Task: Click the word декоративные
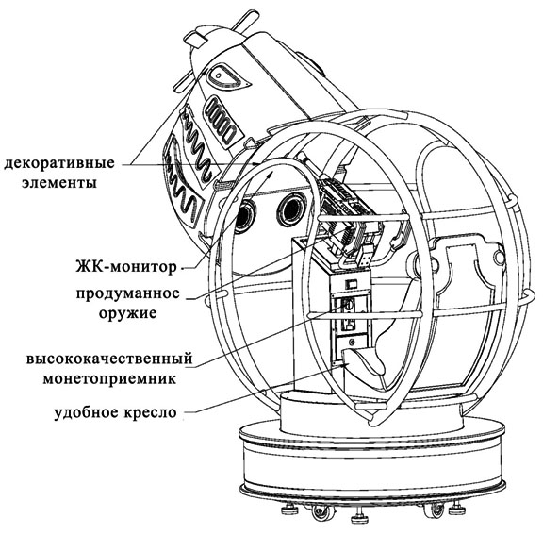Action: tap(58, 163)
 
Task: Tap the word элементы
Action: tap(59, 183)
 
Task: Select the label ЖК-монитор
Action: tap(126, 267)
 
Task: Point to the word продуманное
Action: tap(128, 294)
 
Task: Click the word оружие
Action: tap(128, 313)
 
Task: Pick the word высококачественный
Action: tap(109, 359)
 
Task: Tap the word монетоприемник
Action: tap(109, 378)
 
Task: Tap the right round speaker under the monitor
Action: tap(291, 209)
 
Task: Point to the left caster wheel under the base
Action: tap(322, 511)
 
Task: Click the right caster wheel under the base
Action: tap(434, 510)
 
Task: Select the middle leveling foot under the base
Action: tap(361, 517)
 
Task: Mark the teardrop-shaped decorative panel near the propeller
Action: tap(228, 77)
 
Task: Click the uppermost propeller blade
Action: tap(245, 20)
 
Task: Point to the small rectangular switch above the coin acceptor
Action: tap(351, 283)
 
